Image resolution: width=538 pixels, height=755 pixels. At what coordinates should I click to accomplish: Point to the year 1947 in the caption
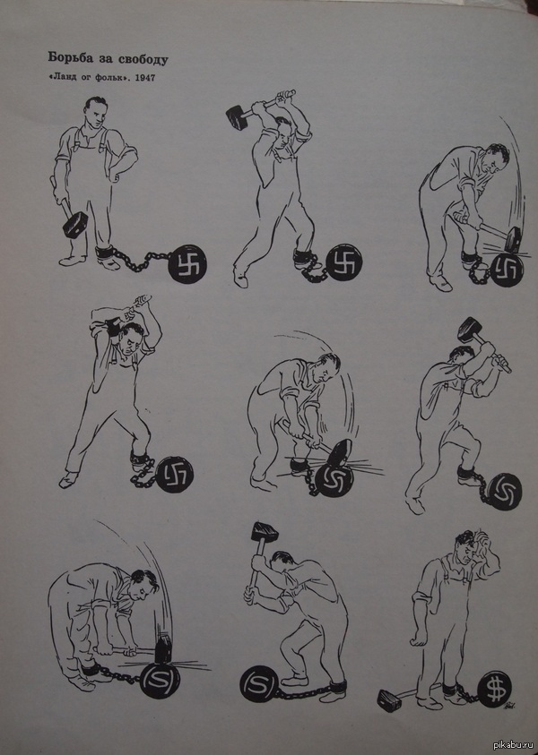[144, 77]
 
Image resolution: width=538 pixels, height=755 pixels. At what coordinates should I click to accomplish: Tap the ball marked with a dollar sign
[495, 689]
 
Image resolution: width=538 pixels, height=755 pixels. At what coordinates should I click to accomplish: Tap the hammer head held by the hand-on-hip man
[75, 225]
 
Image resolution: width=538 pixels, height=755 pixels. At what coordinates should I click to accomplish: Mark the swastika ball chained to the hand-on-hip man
[188, 263]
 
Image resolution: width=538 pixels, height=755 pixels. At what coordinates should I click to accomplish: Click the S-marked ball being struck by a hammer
[160, 680]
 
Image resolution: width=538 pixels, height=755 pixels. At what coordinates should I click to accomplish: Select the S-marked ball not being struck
[259, 683]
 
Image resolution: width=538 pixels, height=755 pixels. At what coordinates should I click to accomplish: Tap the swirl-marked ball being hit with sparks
[334, 480]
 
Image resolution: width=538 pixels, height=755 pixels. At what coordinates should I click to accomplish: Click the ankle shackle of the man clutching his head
[451, 689]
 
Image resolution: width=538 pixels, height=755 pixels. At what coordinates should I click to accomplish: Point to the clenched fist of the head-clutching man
[418, 640]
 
